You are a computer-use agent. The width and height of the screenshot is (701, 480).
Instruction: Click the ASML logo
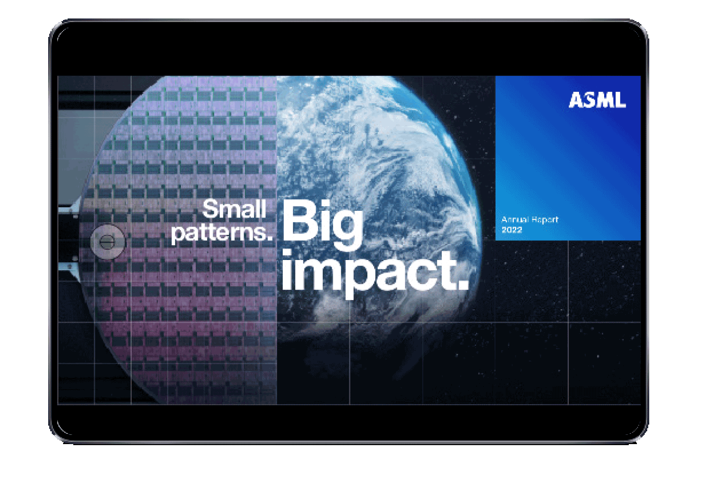(597, 99)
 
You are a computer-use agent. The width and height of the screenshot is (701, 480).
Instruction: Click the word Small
(235, 209)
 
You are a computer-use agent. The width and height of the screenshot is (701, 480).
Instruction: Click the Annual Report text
(530, 219)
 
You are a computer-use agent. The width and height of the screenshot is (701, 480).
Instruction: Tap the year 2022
(511, 230)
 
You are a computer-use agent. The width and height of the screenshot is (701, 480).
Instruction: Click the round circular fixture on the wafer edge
(108, 242)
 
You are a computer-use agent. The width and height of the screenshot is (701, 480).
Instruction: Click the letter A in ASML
(575, 99)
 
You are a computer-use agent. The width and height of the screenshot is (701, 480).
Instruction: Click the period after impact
(463, 284)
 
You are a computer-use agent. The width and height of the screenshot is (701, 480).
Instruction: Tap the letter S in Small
(210, 209)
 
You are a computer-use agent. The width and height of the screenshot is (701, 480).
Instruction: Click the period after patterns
(270, 238)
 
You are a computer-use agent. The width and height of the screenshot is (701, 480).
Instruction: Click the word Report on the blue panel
(545, 219)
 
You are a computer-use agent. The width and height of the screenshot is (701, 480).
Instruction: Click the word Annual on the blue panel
(515, 219)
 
